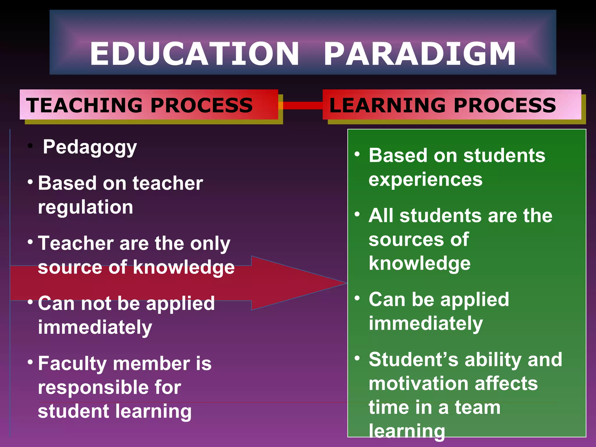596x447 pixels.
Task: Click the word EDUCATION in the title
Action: tap(194, 54)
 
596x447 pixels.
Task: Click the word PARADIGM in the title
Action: tap(420, 54)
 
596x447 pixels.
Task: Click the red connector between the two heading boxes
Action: tap(303, 105)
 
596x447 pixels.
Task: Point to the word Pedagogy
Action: tap(90, 147)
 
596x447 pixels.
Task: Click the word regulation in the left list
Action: tap(86, 207)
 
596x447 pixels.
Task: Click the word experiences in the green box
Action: tap(425, 180)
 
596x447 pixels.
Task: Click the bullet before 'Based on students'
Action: tap(357, 154)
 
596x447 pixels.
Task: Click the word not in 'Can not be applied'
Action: tap(96, 304)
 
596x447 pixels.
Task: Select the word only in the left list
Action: tap(210, 244)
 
